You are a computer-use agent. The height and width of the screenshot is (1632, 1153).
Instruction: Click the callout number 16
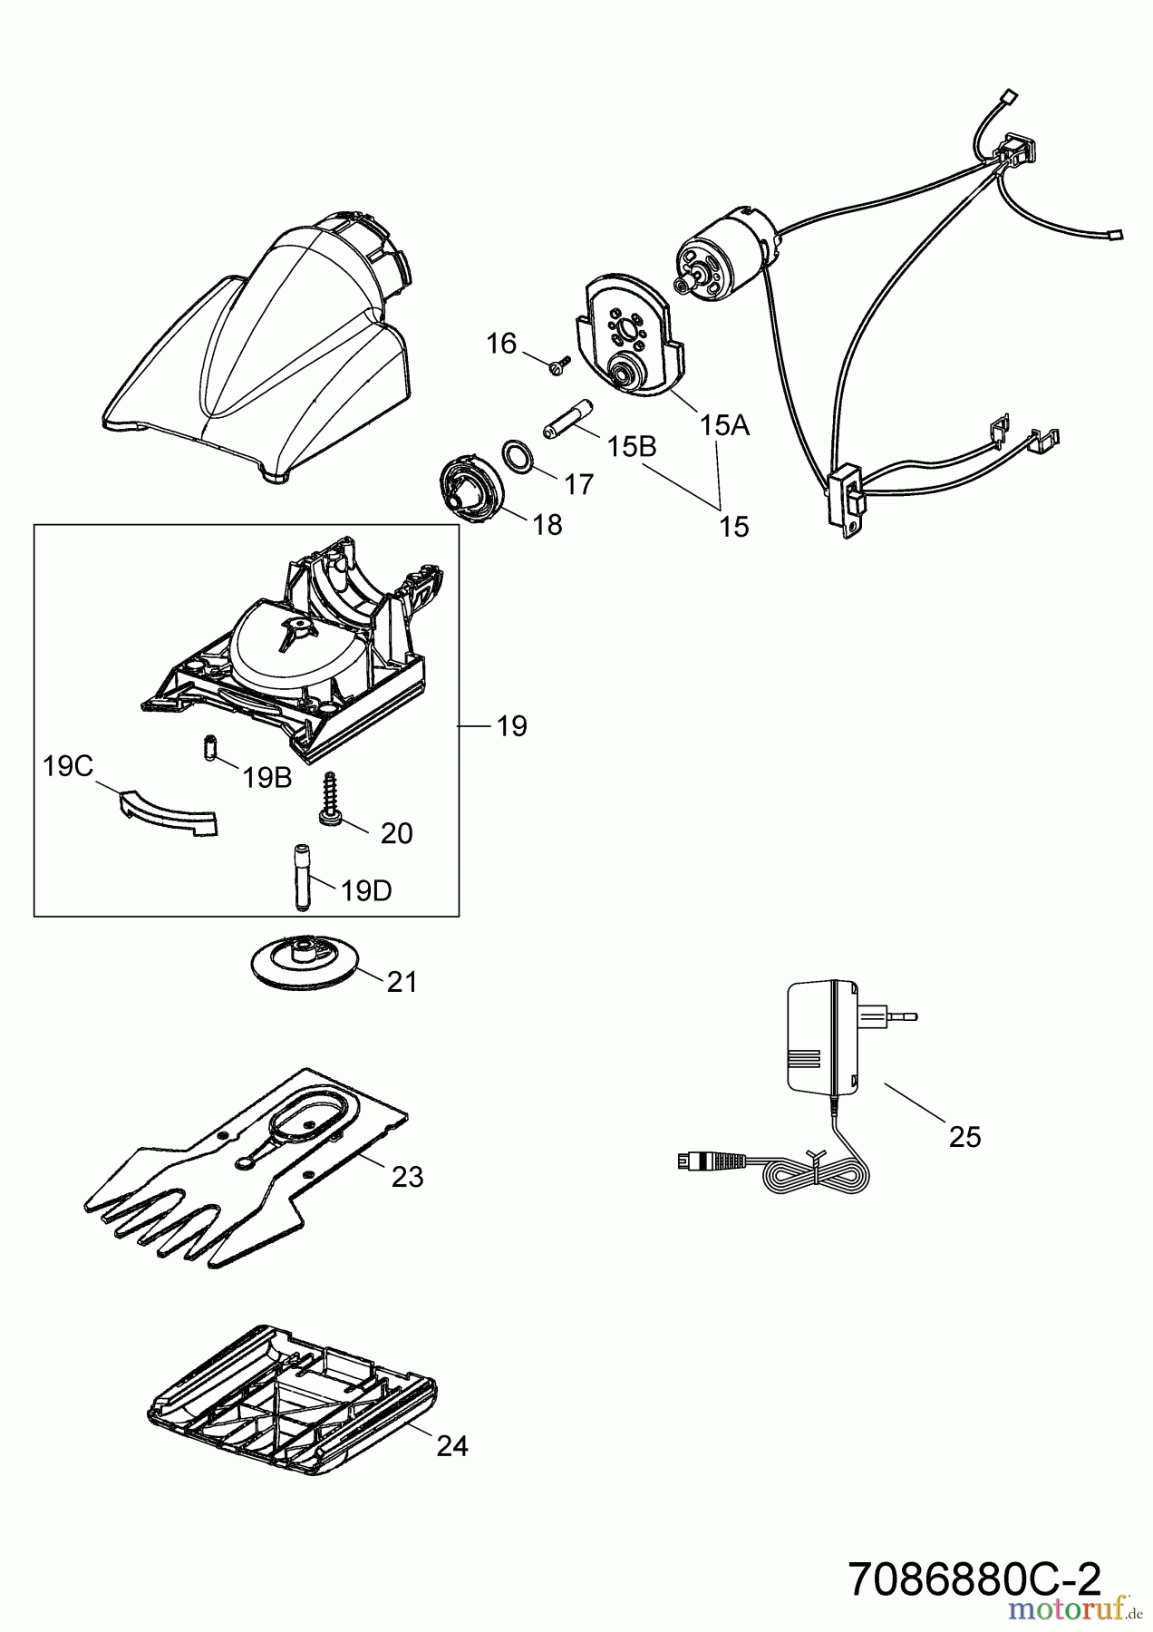pos(500,344)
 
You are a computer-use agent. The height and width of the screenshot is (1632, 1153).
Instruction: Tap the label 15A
pos(724,424)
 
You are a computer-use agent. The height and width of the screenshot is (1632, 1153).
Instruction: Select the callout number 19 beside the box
pos(511,725)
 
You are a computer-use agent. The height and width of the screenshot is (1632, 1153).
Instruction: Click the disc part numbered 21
pos(304,963)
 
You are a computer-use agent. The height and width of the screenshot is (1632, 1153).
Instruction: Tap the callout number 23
pos(407,1177)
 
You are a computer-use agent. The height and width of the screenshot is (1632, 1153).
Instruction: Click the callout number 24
pos(451,1445)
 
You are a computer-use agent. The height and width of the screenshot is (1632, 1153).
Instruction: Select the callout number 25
pos(964,1136)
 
